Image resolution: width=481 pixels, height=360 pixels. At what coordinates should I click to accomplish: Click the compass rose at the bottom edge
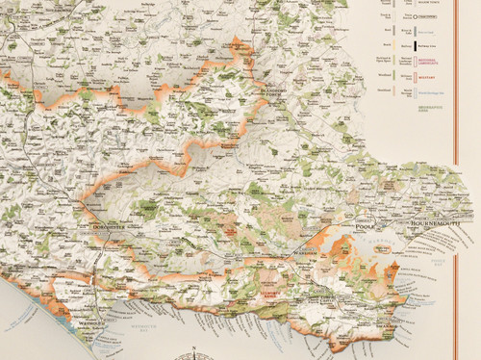pos(194,352)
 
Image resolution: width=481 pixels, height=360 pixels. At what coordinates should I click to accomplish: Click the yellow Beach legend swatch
pos(394,43)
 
